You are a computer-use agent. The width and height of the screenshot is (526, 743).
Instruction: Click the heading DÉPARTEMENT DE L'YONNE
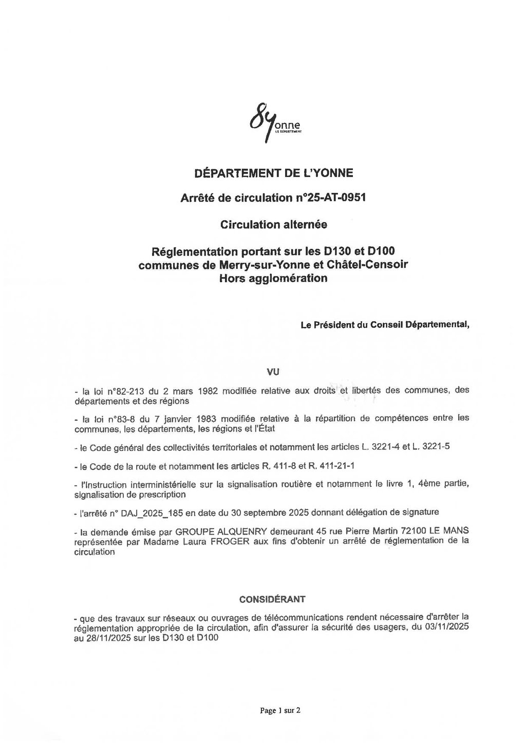[273, 173]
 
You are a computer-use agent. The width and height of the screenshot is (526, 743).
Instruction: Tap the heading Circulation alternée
[273, 224]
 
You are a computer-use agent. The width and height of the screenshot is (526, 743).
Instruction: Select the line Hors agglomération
[273, 278]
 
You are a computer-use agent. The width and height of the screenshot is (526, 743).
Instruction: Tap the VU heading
[273, 370]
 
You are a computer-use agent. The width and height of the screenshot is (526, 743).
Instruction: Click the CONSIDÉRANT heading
[273, 599]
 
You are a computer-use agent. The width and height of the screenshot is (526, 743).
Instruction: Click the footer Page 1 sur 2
[280, 710]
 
